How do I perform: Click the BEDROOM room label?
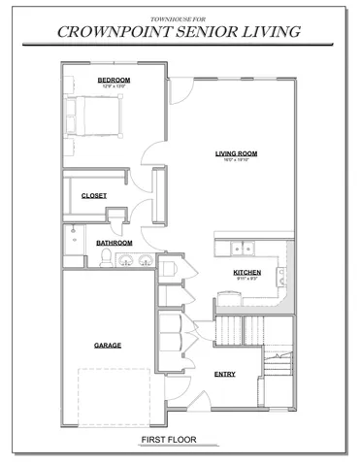coord(114,80)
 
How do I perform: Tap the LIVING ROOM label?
coord(236,153)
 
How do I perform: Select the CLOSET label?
coord(94,196)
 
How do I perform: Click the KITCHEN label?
coord(246,273)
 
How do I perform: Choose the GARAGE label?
coord(107,346)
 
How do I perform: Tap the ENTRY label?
coord(224,374)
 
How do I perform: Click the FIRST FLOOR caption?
coord(168,441)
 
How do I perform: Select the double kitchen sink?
coord(239,246)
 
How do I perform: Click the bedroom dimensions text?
coord(114,86)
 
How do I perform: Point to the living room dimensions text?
coord(236,160)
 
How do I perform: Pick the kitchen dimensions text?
coord(246,280)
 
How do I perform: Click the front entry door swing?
coord(197,396)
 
